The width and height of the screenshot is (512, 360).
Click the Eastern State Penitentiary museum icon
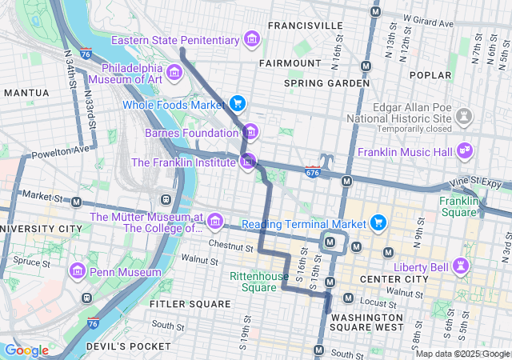(x=252, y=39)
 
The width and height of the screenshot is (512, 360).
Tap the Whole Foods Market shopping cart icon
(x=237, y=103)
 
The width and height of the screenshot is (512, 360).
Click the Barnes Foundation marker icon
(x=250, y=131)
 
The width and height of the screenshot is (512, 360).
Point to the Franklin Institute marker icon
(x=249, y=162)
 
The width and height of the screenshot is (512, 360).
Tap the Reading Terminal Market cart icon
(x=379, y=222)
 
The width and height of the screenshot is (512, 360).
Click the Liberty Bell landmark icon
(x=461, y=264)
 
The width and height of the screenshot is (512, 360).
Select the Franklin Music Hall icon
(x=463, y=150)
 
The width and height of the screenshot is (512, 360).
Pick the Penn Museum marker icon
(x=78, y=270)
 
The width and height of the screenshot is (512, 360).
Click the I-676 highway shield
(x=313, y=171)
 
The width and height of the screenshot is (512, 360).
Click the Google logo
(x=26, y=350)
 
